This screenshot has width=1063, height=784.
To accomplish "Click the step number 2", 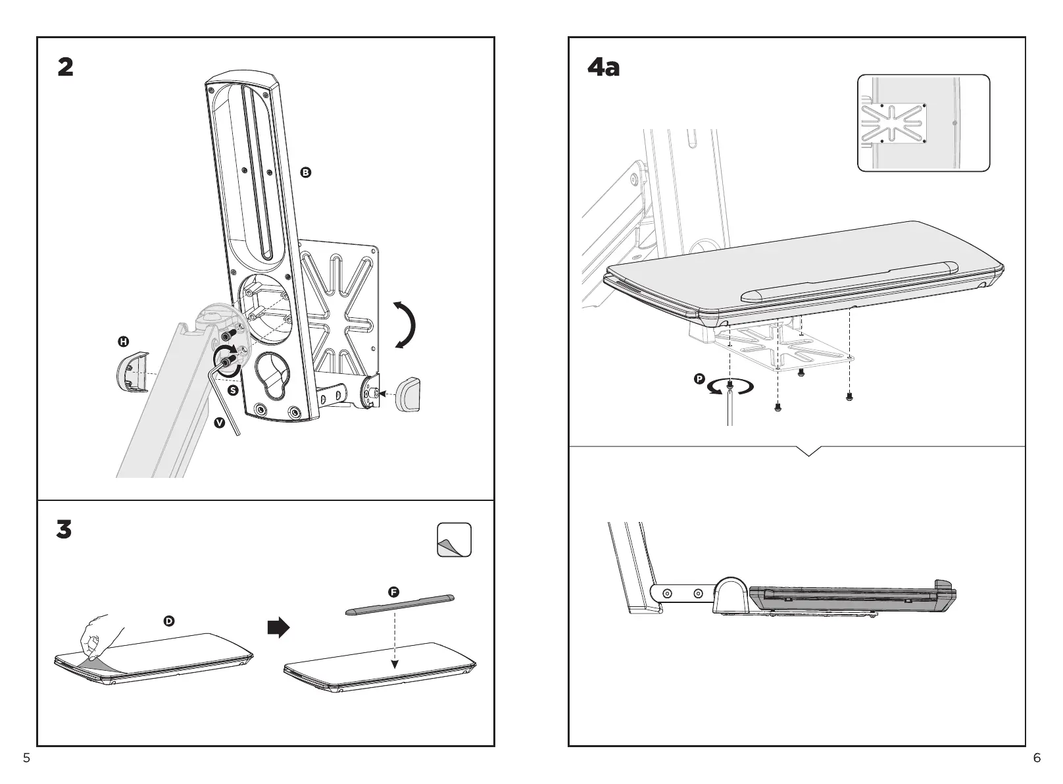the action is pyautogui.click(x=66, y=67).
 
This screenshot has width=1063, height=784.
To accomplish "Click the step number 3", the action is pyautogui.click(x=64, y=529).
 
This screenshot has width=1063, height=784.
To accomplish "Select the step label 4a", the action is pyautogui.click(x=603, y=67).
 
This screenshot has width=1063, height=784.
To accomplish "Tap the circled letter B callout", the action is pyautogui.click(x=306, y=172).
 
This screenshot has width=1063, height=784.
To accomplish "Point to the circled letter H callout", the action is pyautogui.click(x=124, y=342).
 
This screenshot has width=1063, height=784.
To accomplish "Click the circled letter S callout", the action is pyautogui.click(x=233, y=390).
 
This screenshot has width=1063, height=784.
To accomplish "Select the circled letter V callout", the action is pyautogui.click(x=219, y=422).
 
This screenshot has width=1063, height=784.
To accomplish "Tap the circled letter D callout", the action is pyautogui.click(x=168, y=621).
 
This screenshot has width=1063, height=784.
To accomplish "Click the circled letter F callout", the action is pyautogui.click(x=393, y=592).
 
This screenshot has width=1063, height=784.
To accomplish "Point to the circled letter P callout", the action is pyautogui.click(x=699, y=379).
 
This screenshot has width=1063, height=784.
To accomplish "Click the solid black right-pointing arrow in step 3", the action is pyautogui.click(x=278, y=627).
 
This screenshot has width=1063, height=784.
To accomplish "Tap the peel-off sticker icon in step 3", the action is pyautogui.click(x=454, y=539).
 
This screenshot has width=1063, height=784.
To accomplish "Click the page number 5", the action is pyautogui.click(x=26, y=758).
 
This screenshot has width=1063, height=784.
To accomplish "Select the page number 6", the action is pyautogui.click(x=1037, y=758).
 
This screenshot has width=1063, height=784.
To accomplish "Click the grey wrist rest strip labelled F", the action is pyautogui.click(x=400, y=604).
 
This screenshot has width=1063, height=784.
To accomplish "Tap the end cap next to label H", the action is pyautogui.click(x=132, y=373).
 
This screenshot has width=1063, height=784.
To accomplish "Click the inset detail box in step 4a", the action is pyautogui.click(x=924, y=123).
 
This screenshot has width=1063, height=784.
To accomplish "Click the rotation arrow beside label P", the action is pyautogui.click(x=730, y=387).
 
